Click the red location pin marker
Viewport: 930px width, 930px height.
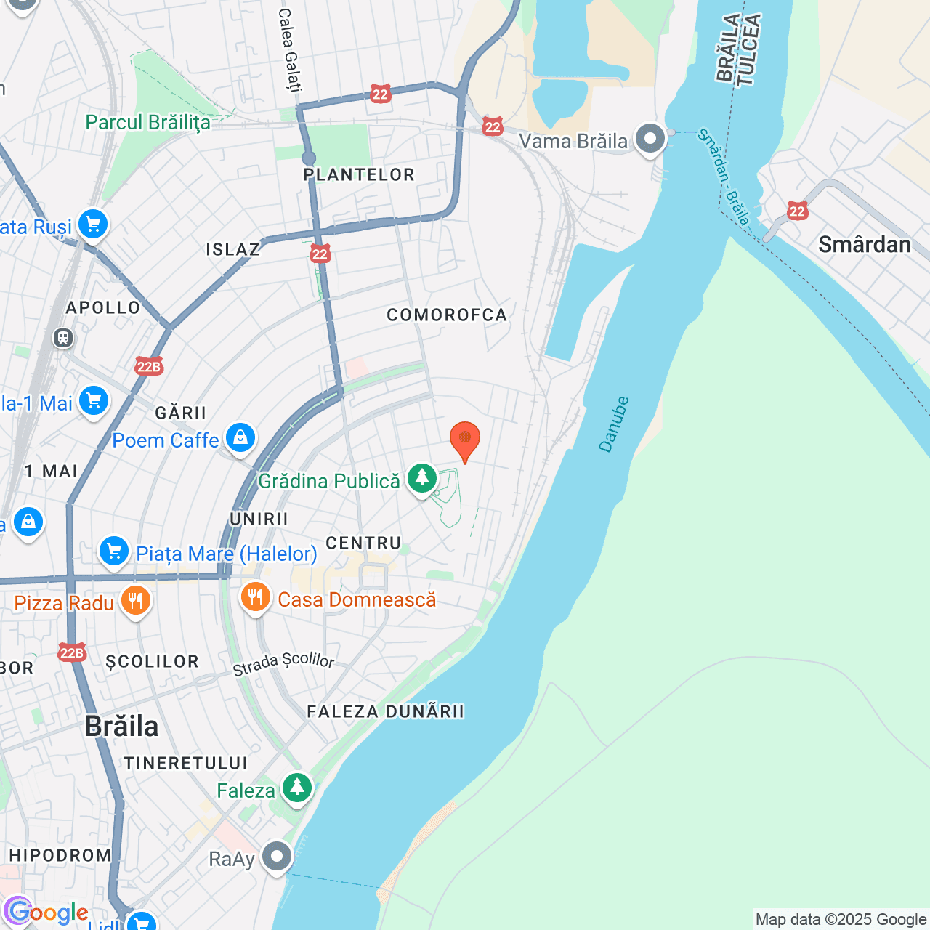tap(465, 440)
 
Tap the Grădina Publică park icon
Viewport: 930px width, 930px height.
tap(421, 479)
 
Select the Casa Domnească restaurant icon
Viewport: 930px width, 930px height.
tap(255, 598)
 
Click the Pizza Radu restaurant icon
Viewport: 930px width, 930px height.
tap(135, 602)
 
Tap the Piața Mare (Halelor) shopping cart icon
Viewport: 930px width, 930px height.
tap(114, 552)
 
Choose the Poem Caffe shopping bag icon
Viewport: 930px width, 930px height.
tap(240, 438)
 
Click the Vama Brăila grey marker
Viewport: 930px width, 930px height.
tap(650, 139)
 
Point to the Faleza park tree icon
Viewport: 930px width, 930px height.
tap(296, 788)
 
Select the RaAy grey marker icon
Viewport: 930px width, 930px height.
tap(276, 857)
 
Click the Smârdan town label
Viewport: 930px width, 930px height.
tap(864, 245)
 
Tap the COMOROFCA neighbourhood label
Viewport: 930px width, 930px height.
tap(447, 315)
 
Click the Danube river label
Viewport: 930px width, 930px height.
tap(614, 424)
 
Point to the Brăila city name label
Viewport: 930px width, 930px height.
tap(121, 726)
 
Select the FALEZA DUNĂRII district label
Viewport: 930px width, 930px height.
tap(385, 711)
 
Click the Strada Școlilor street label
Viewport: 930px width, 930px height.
tap(283, 663)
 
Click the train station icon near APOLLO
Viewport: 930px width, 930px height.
tap(63, 338)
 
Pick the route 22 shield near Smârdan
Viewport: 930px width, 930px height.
tap(797, 211)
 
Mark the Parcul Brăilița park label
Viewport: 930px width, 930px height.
tap(147, 122)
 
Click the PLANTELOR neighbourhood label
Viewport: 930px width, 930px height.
tap(359, 175)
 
